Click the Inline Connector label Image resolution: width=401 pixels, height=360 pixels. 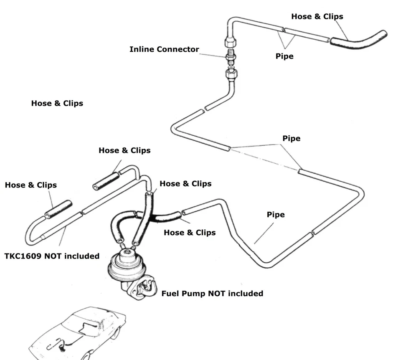click(x=164, y=49)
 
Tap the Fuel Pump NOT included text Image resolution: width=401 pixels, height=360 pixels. click(x=212, y=294)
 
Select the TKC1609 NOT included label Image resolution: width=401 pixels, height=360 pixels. click(x=52, y=256)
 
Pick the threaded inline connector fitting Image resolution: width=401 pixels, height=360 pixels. click(x=230, y=56)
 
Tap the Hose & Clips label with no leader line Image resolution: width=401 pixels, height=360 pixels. click(x=57, y=103)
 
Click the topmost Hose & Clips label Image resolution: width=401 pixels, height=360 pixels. click(x=317, y=17)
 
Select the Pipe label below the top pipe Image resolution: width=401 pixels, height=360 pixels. click(x=284, y=56)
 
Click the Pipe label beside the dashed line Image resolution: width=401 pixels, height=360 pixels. click(x=291, y=138)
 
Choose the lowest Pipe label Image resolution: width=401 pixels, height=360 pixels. click(x=276, y=215)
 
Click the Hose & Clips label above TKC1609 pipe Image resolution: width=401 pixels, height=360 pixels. click(x=30, y=185)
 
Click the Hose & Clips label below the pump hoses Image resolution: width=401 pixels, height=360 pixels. click(x=190, y=233)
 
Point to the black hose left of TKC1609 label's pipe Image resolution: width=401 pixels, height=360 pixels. click(x=58, y=209)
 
